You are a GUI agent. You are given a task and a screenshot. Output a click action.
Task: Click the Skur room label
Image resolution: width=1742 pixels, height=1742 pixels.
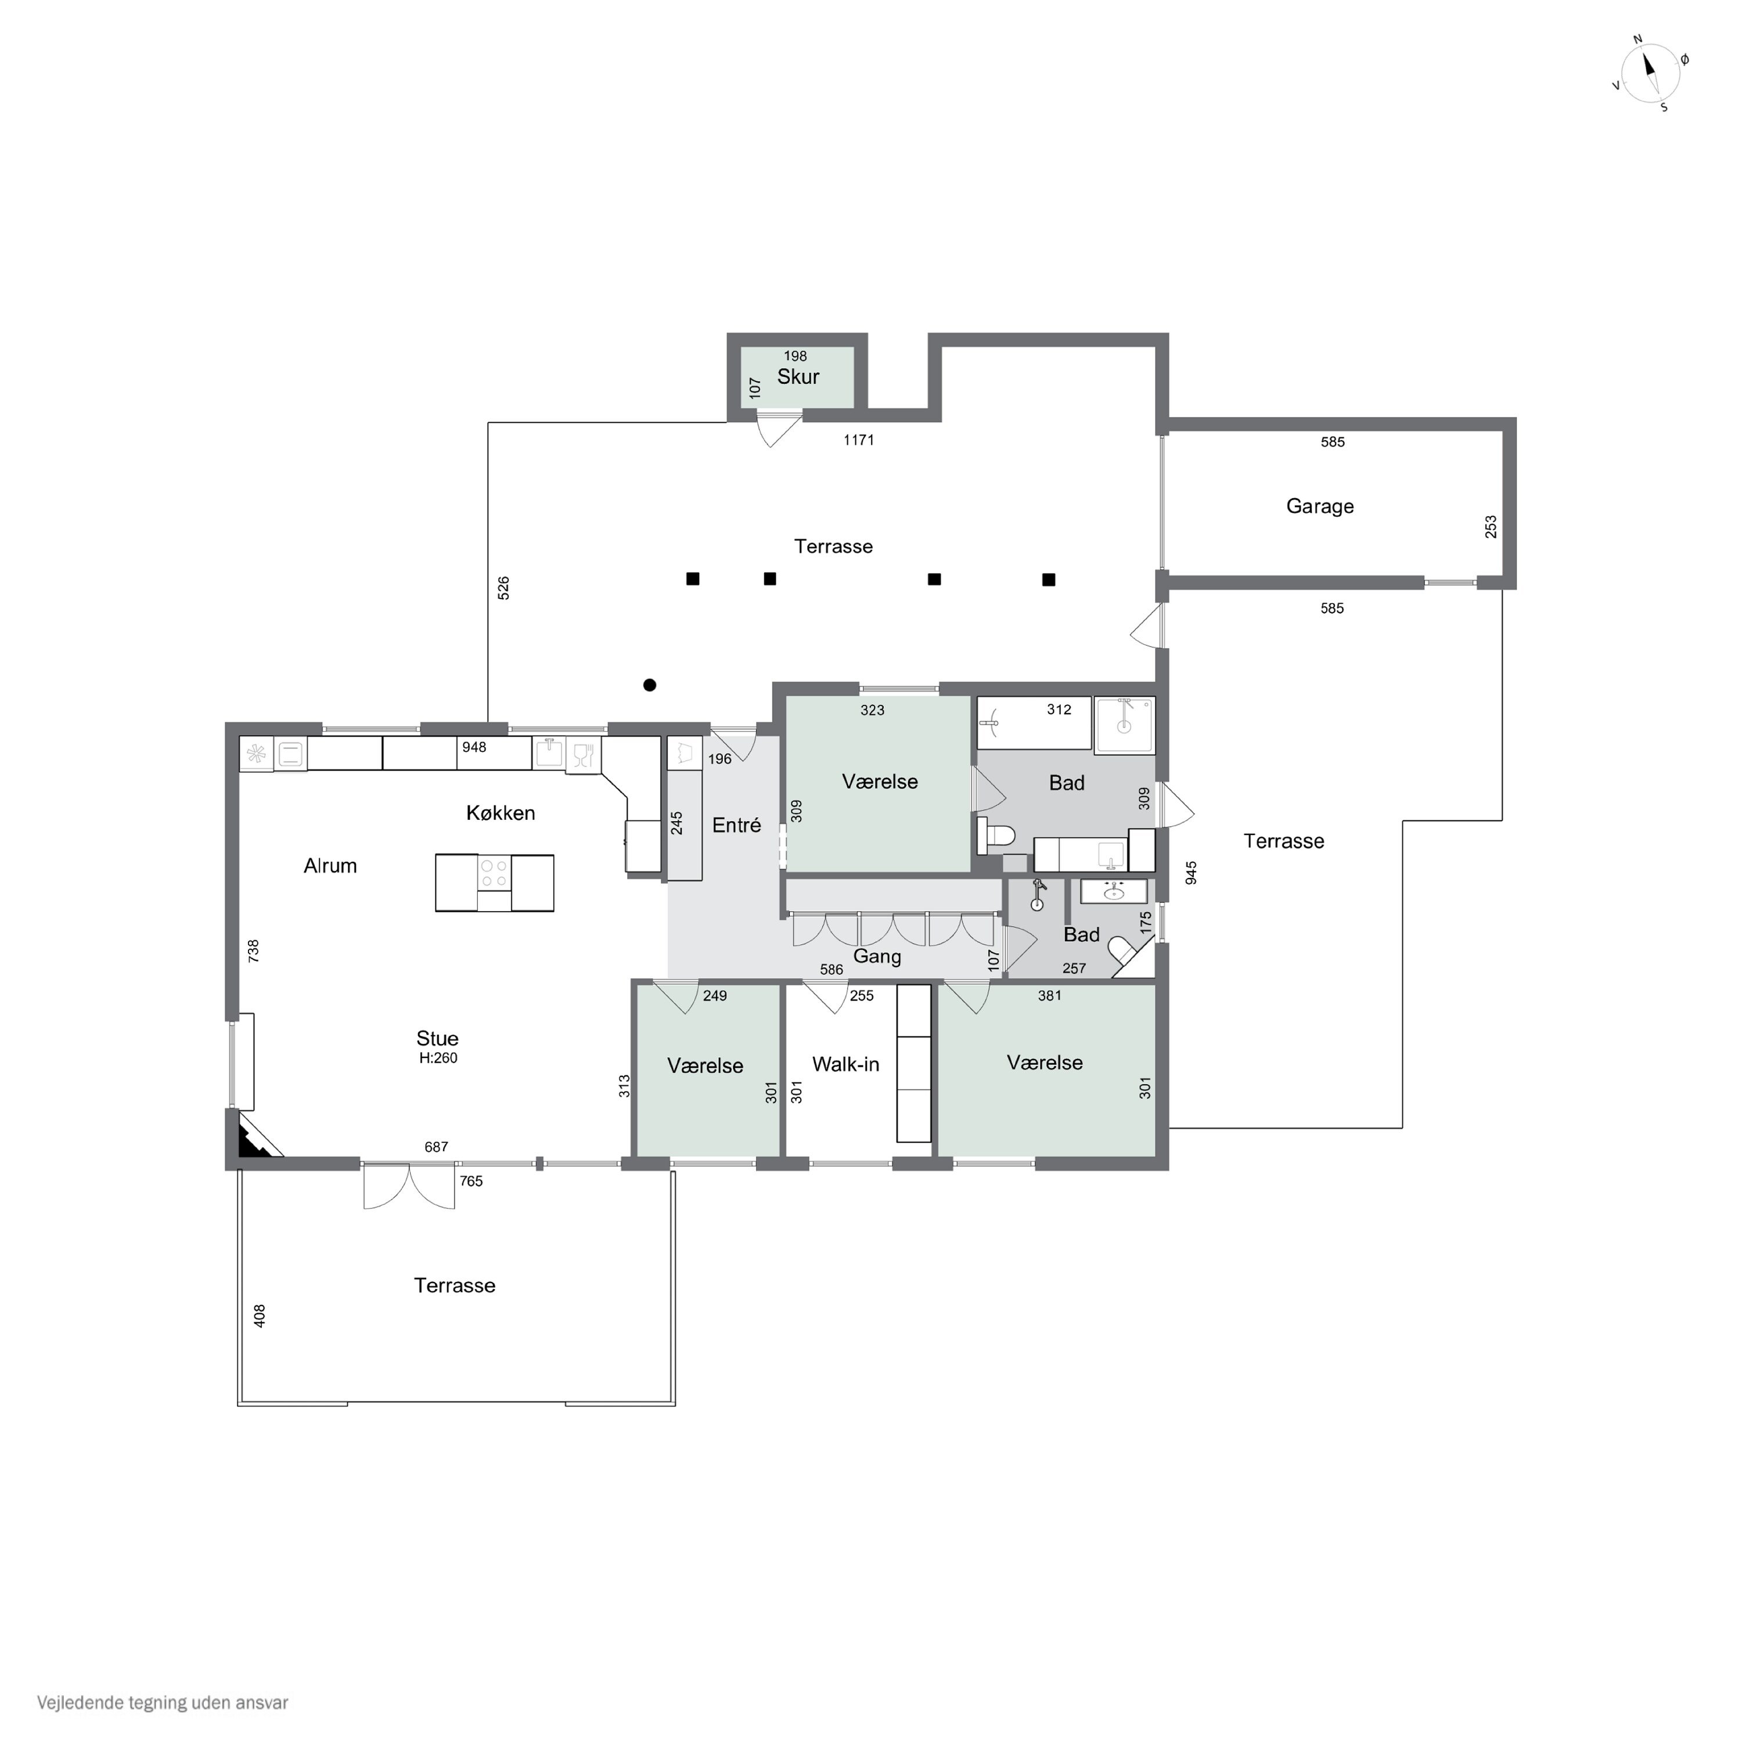point(798,377)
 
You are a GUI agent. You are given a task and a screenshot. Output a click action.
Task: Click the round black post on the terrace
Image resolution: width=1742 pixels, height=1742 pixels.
point(649,685)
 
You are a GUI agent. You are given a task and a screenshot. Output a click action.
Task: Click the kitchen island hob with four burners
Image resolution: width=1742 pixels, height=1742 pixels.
point(494,873)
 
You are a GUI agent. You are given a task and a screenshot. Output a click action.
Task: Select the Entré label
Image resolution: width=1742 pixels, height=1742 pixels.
point(737,825)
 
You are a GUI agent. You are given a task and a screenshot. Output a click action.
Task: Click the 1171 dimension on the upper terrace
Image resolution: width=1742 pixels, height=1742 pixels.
point(858,440)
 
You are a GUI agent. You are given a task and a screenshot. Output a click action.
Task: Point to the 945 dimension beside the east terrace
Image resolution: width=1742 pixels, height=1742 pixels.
point(1191,873)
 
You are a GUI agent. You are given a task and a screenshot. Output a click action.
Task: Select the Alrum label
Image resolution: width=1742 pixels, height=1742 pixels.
point(330,866)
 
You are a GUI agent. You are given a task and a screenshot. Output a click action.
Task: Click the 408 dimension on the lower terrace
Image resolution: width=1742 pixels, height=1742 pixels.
point(260,1316)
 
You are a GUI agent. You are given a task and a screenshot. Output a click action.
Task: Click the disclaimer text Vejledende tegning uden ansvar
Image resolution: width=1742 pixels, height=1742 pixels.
point(163,1703)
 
